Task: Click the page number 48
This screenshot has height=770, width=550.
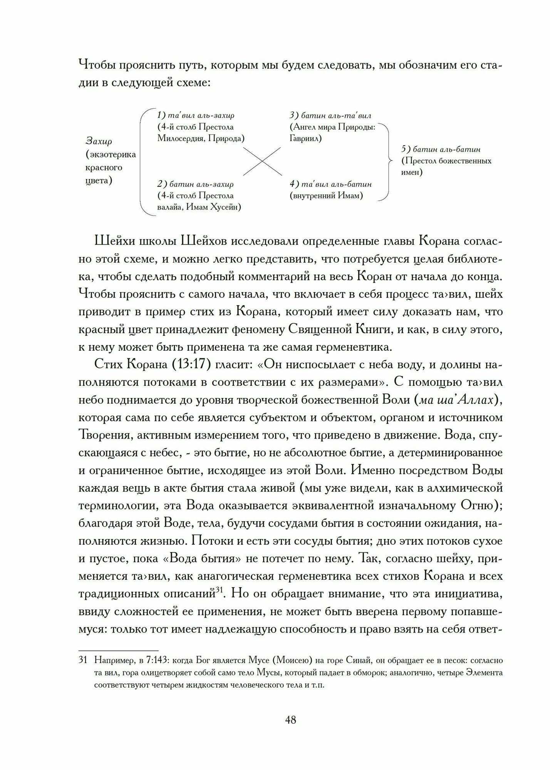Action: (x=290, y=719)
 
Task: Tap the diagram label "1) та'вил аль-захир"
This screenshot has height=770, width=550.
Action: (x=196, y=115)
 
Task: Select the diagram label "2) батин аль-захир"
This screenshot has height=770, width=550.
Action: (x=195, y=184)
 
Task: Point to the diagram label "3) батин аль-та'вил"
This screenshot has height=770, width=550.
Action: (x=330, y=115)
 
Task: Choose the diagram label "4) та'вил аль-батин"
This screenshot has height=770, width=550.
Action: (x=330, y=184)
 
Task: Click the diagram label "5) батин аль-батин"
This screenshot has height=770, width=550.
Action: (x=441, y=149)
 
